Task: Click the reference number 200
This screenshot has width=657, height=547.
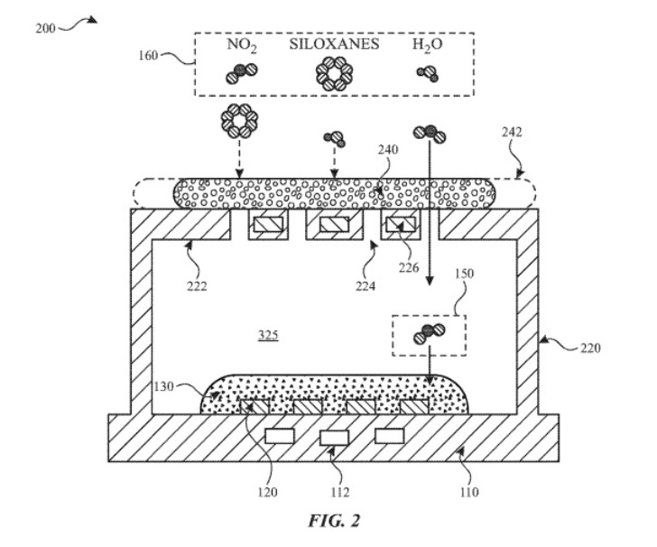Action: coord(44,28)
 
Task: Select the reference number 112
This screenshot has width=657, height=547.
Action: coord(339,492)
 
